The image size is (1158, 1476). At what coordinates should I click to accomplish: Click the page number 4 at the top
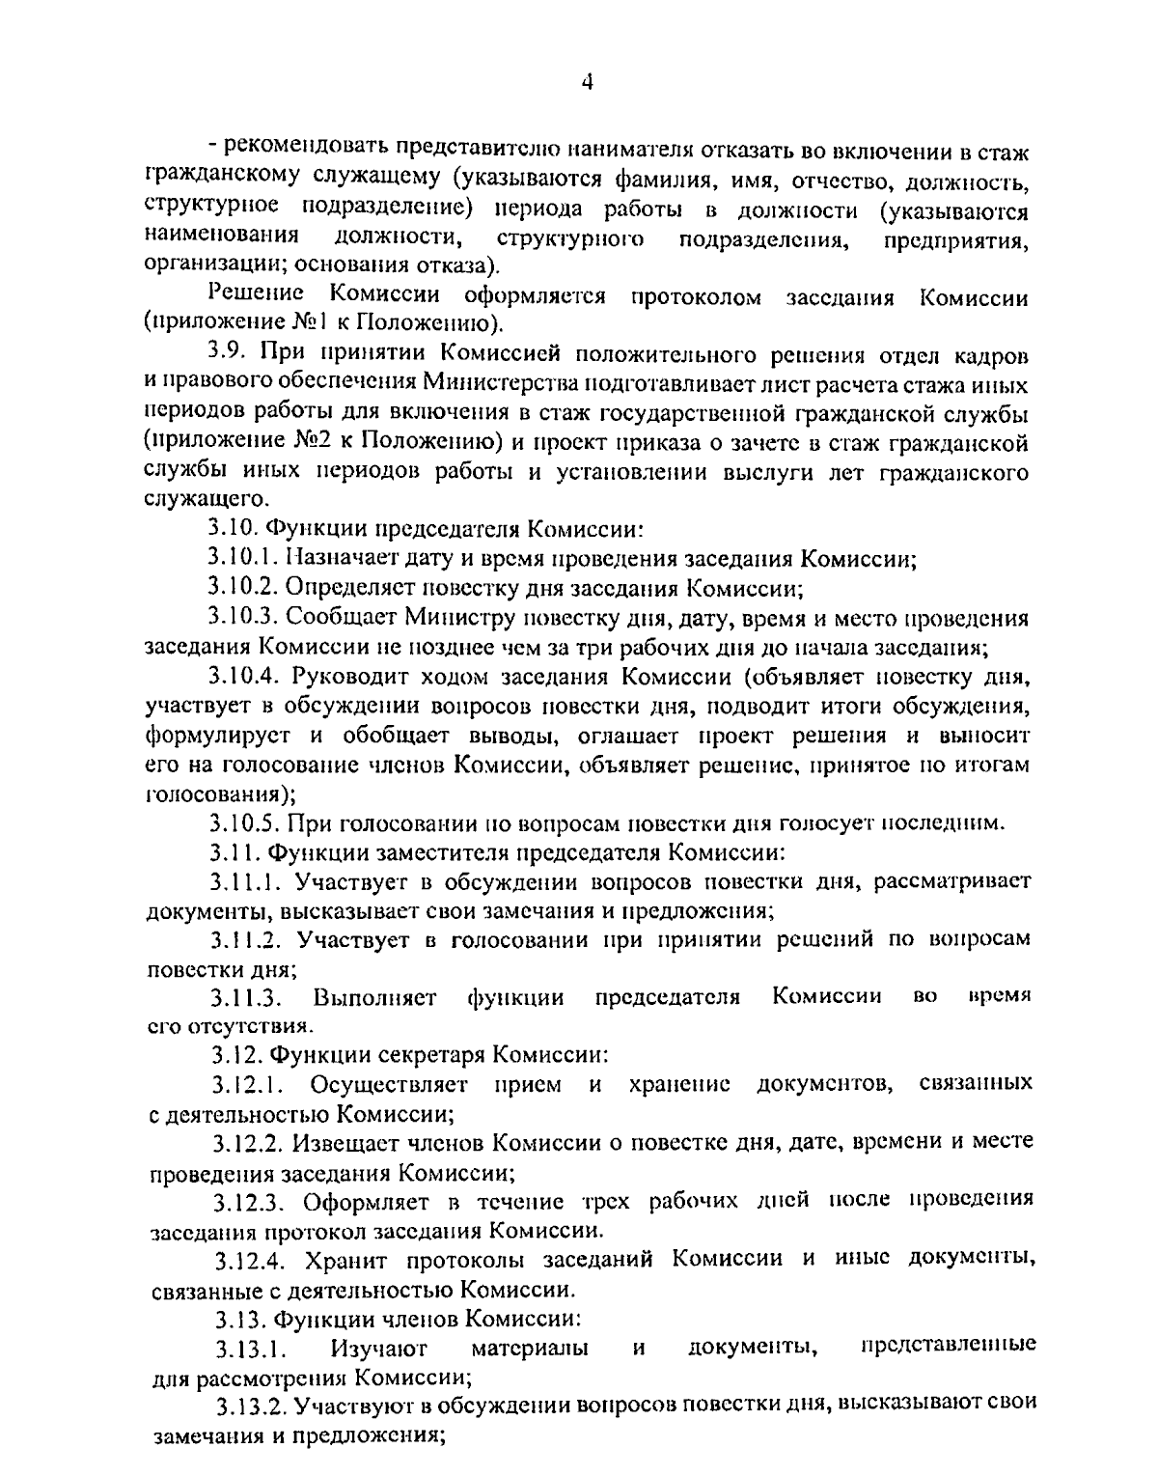586,83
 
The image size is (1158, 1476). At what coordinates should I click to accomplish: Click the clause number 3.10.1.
240,559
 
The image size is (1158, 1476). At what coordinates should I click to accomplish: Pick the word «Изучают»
378,1349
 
